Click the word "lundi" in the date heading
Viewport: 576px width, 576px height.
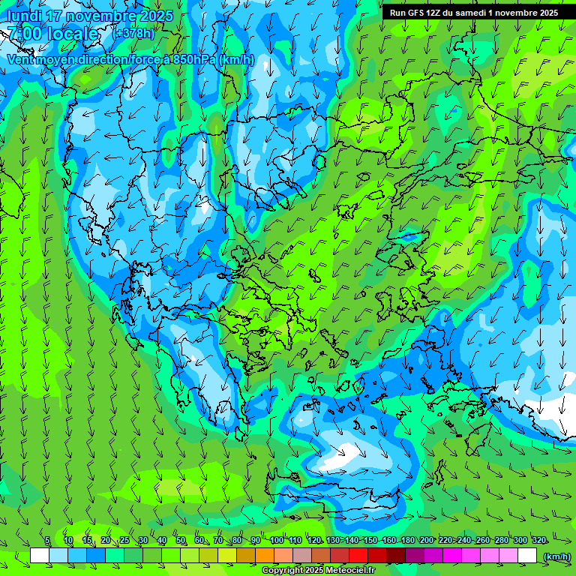coord(23,16)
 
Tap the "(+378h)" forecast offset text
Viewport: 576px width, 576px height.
coord(133,34)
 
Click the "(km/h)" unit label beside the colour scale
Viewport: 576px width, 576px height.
coord(556,556)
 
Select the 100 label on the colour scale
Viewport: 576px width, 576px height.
coord(277,541)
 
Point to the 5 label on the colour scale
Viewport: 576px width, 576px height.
coord(46,541)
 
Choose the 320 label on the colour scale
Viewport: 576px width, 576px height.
coord(538,541)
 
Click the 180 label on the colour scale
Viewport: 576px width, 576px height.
coord(408,541)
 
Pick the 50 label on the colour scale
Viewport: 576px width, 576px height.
coord(180,541)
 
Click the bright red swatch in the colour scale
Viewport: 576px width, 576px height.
coord(358,556)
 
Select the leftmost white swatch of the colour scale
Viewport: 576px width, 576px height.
coord(40,556)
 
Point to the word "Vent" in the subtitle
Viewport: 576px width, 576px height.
coord(22,59)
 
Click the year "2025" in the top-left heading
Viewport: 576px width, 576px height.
coord(157,16)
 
